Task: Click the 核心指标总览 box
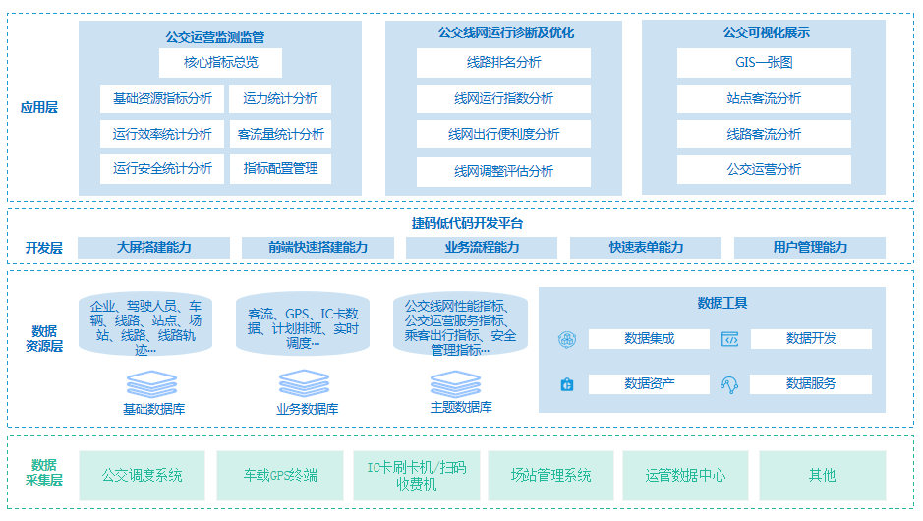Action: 220,63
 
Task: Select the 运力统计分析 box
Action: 280,98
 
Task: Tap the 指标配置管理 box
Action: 280,168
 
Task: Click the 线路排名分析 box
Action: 503,63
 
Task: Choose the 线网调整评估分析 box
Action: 503,171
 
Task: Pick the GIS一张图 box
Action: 764,63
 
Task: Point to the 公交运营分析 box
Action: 764,169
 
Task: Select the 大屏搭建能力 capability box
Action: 153,248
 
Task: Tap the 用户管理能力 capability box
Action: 809,248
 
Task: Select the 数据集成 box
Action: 649,339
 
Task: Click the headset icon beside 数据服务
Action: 729,384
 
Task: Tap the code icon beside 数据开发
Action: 729,339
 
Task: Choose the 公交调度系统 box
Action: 142,476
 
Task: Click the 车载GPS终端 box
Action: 280,476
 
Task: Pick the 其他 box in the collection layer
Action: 822,476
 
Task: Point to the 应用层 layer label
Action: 39,107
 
